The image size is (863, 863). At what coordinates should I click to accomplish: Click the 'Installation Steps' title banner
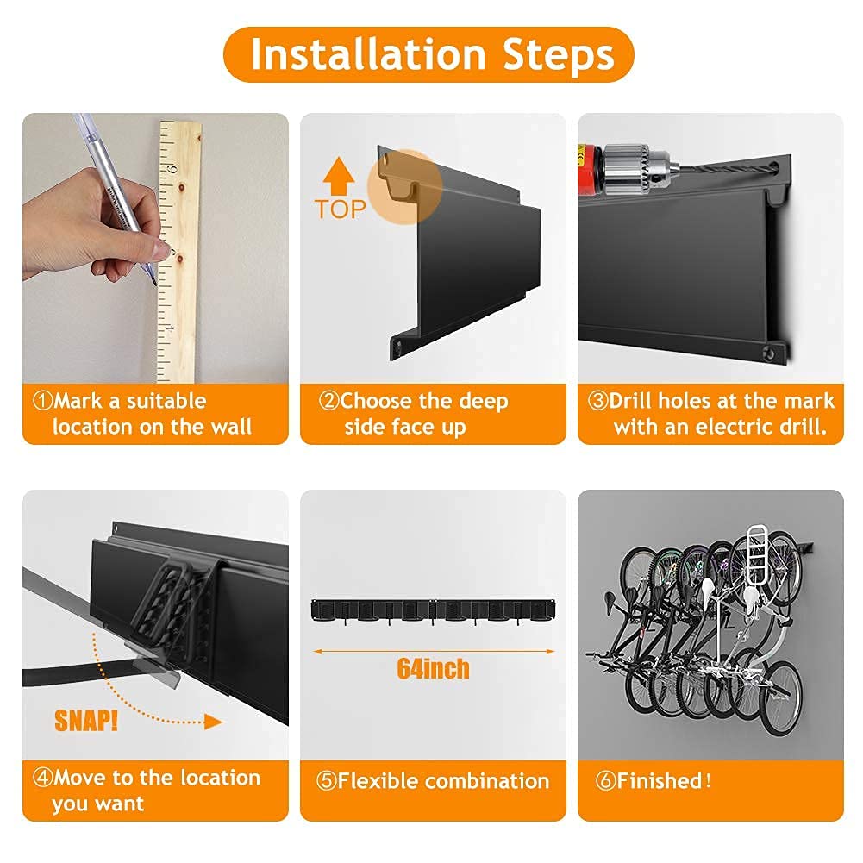tap(428, 54)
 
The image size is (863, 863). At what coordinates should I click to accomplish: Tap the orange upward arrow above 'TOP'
tap(339, 176)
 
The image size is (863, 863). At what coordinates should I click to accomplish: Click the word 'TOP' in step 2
tap(341, 209)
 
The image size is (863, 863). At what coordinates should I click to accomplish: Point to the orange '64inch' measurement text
tap(433, 668)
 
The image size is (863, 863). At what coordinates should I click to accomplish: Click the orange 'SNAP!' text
tap(86, 721)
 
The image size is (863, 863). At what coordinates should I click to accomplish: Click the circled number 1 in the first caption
tap(42, 401)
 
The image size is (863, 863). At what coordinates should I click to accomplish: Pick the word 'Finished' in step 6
tap(660, 780)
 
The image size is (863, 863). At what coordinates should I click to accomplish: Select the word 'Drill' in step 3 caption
tap(630, 401)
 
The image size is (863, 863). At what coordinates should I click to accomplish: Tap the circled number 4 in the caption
tap(42, 777)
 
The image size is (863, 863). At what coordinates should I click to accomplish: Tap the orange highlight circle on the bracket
tap(404, 186)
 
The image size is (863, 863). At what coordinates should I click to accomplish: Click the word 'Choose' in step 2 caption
tap(377, 401)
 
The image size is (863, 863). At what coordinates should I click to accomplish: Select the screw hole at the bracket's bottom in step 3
tap(769, 353)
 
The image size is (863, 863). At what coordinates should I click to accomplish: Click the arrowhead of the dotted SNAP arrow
tap(214, 722)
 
